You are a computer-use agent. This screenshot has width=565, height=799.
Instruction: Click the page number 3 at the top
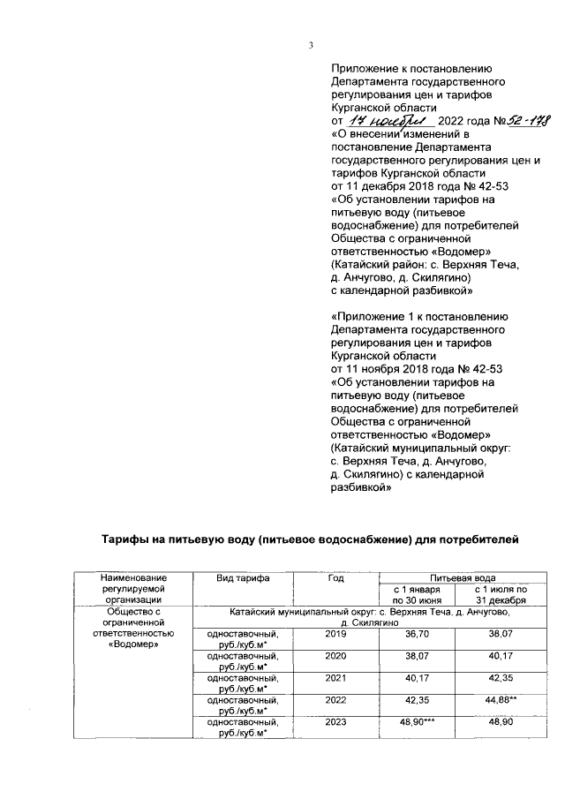click(310, 46)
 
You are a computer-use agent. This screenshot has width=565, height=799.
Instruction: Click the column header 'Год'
click(335, 577)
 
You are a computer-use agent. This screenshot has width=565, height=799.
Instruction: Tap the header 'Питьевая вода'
click(456, 577)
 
